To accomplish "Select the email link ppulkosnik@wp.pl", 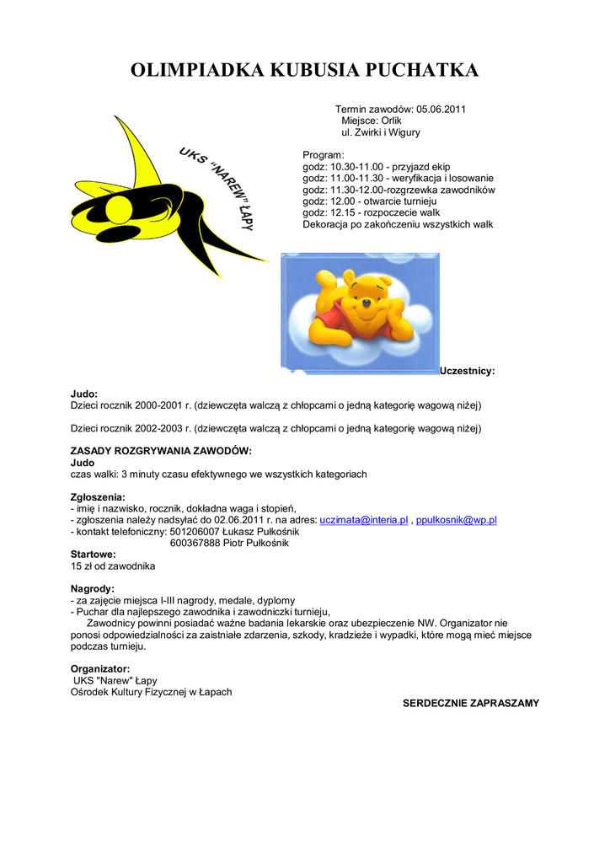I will pos(457,521).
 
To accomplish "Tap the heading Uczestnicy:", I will pos(468,371).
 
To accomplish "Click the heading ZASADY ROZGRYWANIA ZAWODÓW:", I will pos(161,452).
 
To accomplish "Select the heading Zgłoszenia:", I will pos(98,497).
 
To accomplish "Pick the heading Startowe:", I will pos(93,555).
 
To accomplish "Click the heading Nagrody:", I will pos(92,588).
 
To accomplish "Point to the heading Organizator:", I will pos(99,669).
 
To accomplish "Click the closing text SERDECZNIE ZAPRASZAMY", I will pos(470,703).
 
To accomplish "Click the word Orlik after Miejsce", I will pos(390,121).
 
